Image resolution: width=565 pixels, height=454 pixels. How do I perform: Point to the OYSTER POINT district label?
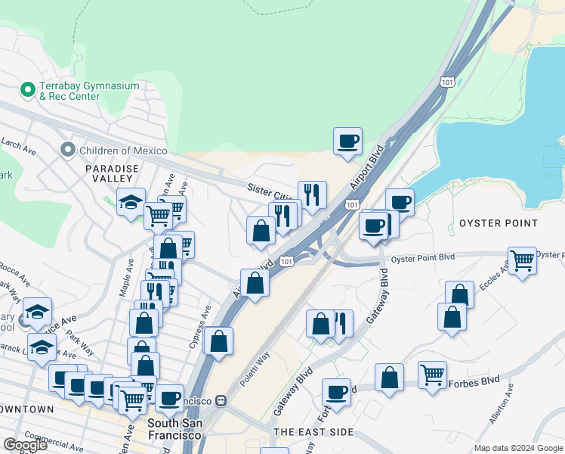point(499,223)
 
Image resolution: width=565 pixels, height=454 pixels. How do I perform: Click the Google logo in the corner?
point(25,445)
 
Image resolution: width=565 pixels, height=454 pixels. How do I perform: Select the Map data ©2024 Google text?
point(518,448)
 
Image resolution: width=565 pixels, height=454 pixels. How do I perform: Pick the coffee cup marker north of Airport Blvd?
point(347,141)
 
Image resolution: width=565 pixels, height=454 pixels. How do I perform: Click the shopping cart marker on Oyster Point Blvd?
point(522,261)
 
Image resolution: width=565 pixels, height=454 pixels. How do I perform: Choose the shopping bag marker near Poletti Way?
point(218,341)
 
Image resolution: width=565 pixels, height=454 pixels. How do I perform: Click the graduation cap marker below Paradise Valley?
point(131,203)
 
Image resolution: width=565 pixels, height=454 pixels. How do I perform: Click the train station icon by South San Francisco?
point(221,400)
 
